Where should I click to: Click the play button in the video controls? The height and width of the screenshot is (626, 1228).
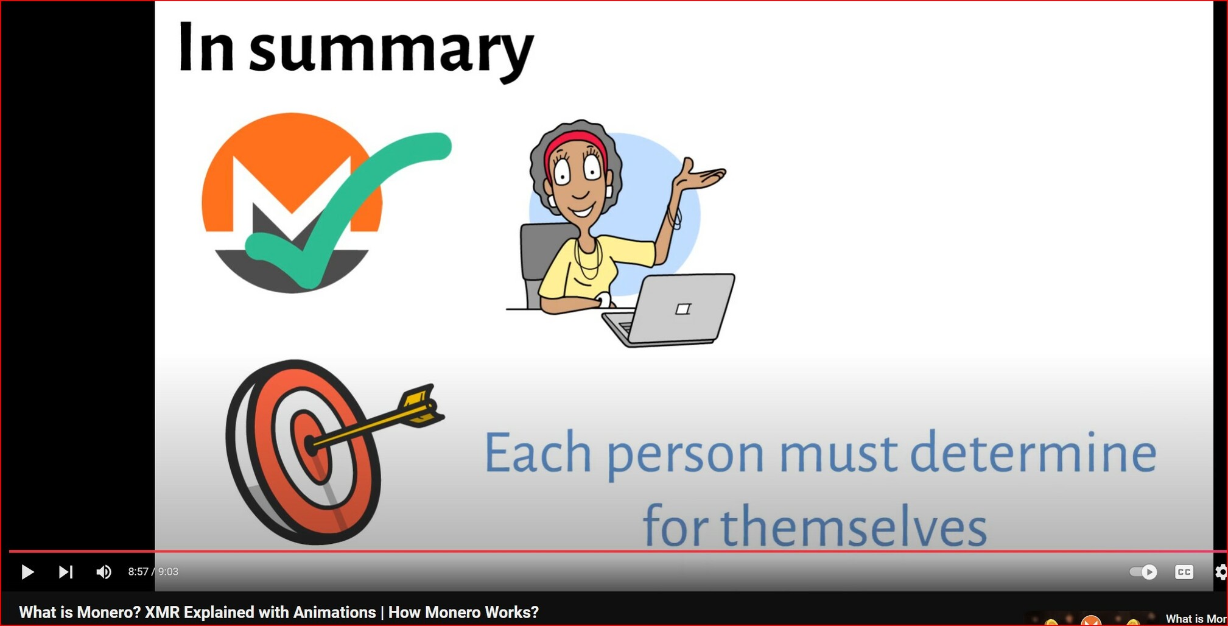tap(27, 572)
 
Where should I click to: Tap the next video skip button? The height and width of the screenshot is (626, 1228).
tap(66, 572)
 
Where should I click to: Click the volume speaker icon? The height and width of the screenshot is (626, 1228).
tap(104, 572)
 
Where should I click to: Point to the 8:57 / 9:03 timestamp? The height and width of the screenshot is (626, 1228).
tap(153, 572)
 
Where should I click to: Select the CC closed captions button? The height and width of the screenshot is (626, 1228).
tap(1184, 572)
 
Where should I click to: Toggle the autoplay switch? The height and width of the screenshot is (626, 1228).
tap(1143, 572)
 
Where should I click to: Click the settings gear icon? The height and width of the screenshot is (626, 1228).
tap(1221, 572)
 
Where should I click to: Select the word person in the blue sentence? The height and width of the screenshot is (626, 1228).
tap(685, 457)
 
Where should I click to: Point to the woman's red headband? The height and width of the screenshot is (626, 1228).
tap(575, 147)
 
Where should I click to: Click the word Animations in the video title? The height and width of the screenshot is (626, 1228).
tap(334, 613)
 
